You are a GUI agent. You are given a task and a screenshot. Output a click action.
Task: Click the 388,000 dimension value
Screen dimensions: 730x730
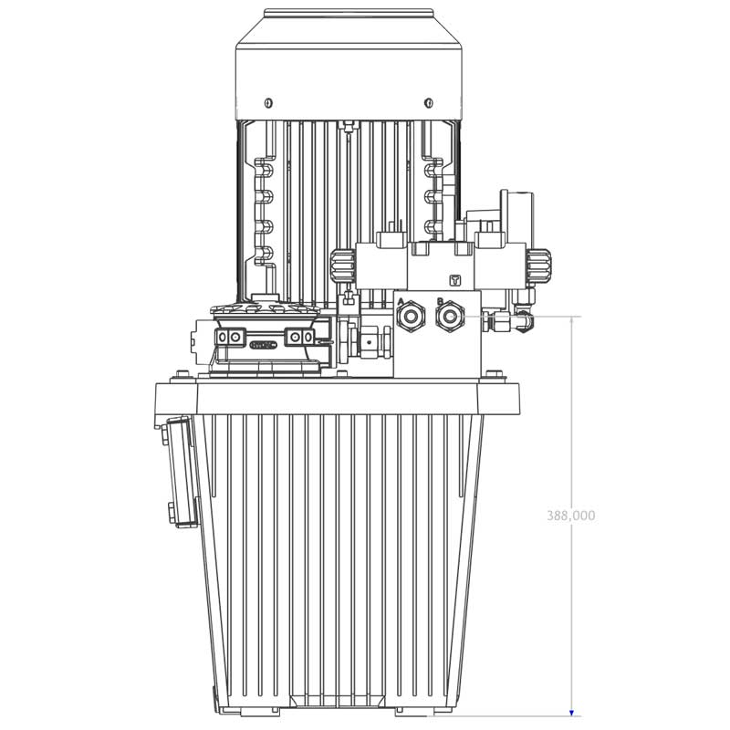click(571, 516)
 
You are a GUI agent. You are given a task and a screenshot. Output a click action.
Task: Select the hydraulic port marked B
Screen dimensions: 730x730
click(449, 318)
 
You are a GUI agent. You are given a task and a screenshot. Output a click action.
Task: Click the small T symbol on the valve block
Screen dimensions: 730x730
click(455, 280)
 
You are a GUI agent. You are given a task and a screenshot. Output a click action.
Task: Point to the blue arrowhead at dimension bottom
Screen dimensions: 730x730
click(572, 713)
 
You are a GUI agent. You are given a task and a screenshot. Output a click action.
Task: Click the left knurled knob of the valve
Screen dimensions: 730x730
click(340, 266)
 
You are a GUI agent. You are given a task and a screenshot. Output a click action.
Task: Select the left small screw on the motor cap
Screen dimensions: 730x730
click(268, 100)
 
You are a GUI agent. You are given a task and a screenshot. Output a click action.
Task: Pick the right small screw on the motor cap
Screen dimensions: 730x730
click(425, 100)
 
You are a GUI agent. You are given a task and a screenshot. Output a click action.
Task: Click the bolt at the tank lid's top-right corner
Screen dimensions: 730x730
click(493, 373)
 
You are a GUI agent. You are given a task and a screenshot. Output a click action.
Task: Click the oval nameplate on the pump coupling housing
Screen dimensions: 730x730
click(264, 344)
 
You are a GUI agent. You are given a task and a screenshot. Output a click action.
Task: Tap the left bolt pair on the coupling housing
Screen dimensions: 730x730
click(232, 339)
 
